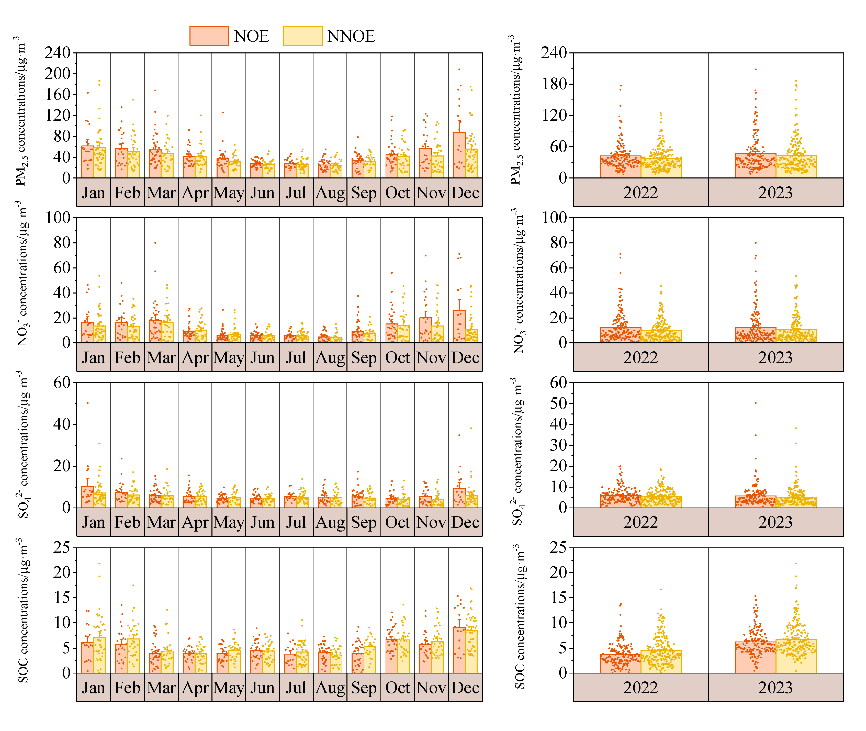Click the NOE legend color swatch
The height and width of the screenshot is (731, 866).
click(209, 36)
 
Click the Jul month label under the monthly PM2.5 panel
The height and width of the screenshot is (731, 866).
click(296, 193)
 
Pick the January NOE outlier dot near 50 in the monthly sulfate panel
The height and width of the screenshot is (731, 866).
click(87, 403)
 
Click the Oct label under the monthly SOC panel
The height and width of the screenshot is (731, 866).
click(397, 688)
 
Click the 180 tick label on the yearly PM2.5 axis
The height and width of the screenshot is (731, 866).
click(554, 84)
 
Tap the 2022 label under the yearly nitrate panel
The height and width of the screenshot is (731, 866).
click(640, 358)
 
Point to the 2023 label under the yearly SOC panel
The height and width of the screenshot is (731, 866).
click(775, 688)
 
